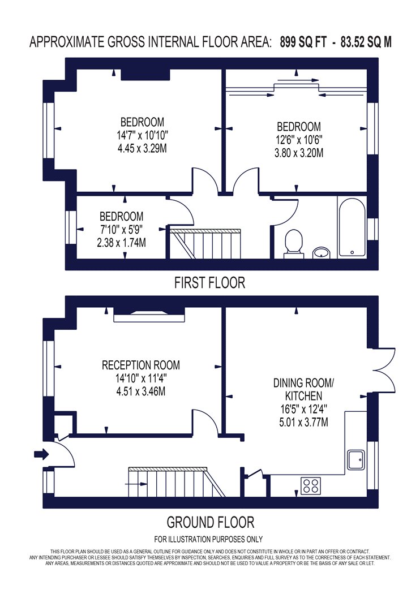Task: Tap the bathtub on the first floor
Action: click(352, 227)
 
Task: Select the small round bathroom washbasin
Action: click(322, 252)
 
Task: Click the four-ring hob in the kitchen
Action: click(310, 485)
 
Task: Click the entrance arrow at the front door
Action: click(41, 454)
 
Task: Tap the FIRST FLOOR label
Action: click(209, 283)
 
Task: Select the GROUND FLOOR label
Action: click(211, 522)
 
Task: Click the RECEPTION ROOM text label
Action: click(140, 365)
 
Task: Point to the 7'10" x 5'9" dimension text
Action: click(121, 230)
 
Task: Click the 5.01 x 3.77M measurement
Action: click(303, 421)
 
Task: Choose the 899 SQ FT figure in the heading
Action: click(303, 42)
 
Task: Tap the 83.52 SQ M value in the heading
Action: click(366, 42)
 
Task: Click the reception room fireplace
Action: click(149, 315)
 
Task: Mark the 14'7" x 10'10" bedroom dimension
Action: click(142, 135)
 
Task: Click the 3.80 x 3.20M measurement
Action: click(299, 153)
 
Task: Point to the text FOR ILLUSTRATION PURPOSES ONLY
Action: click(208, 539)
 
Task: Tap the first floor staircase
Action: click(205, 244)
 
